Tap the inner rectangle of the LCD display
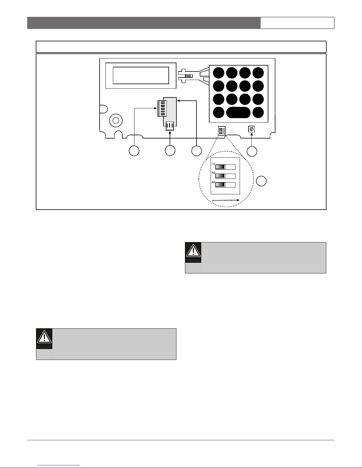click(141, 76)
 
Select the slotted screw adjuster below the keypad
click(251, 129)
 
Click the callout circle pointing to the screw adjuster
click(252, 151)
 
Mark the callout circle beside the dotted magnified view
click(261, 181)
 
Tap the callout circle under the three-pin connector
click(170, 151)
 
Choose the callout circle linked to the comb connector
click(134, 151)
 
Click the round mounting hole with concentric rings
click(116, 120)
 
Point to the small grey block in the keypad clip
click(187, 76)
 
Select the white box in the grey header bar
click(297, 23)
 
